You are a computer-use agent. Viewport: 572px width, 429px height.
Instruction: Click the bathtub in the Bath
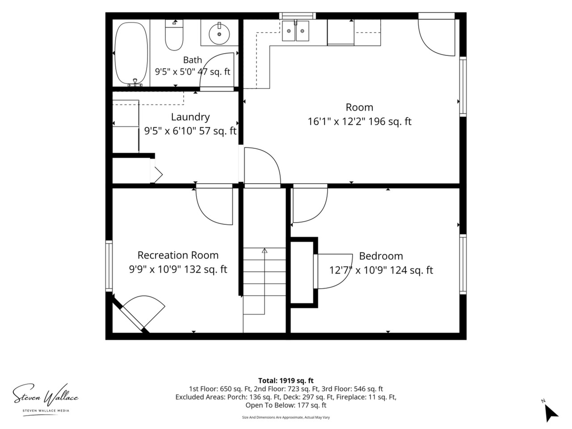tap(131, 53)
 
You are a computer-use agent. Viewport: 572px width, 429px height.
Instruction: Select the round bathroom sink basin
tap(219, 34)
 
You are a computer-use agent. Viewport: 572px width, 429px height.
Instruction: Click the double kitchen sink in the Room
tap(295, 31)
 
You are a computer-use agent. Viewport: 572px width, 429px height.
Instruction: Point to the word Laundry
tap(190, 117)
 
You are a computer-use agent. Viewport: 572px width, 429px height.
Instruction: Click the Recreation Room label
tap(178, 255)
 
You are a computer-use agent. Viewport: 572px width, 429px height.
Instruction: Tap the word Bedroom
tap(381, 256)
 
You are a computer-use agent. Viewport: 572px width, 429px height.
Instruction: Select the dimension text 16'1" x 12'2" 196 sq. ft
tap(359, 122)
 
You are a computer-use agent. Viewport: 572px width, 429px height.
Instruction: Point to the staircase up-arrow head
tap(265, 251)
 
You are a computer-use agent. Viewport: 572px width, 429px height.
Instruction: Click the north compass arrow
tap(551, 415)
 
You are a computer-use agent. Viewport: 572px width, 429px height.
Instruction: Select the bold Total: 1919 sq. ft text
tap(286, 381)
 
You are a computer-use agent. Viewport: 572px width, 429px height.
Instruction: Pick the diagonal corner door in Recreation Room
tap(130, 315)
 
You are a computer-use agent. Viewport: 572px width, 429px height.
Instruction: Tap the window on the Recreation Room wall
tap(109, 266)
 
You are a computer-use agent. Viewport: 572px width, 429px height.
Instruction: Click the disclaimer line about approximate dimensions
tap(286, 417)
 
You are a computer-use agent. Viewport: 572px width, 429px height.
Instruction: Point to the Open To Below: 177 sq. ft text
tap(286, 405)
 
